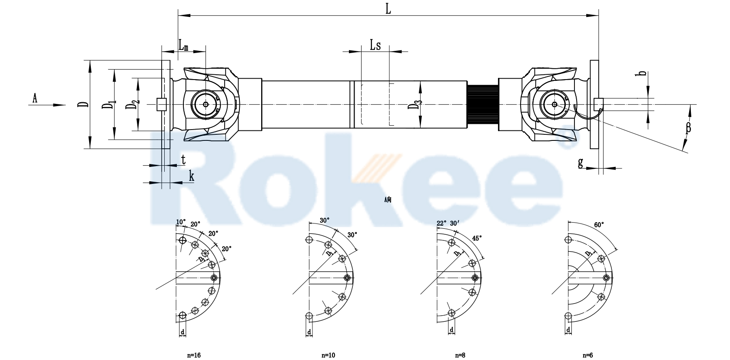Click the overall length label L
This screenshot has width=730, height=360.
point(388,9)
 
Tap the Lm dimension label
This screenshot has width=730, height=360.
point(183,45)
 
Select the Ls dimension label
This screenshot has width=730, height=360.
point(375,45)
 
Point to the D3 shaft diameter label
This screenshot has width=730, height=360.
point(416,106)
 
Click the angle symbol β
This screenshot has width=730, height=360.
point(688,127)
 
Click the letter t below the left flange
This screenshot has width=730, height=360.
point(183,160)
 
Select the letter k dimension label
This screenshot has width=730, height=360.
point(191,176)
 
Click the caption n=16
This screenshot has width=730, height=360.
point(194,355)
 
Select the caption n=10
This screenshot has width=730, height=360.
point(328,355)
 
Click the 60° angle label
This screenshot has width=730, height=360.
point(599,225)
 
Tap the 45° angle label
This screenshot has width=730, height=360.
point(477,238)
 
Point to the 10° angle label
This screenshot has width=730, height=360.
point(181,222)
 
